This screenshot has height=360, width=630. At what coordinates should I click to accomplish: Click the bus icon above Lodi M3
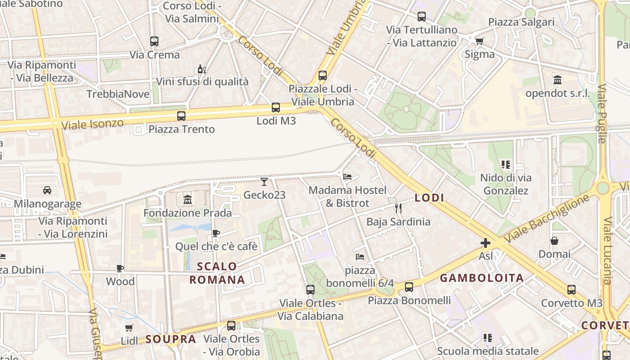276,108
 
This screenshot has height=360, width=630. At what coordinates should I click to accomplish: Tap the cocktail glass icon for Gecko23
264,182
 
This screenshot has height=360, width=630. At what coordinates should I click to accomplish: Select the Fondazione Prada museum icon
187,199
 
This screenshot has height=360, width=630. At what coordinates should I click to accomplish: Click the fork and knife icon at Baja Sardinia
398,208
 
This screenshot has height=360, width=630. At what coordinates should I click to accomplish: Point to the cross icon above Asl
486,243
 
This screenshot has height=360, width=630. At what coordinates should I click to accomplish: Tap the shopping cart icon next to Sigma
479,41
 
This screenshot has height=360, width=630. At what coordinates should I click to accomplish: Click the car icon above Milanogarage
47,190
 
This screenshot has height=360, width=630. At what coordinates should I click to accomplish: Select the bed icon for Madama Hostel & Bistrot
347,177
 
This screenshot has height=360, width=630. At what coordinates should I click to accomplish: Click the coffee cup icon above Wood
120,268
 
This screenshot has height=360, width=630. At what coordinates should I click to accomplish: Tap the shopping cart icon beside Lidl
129,328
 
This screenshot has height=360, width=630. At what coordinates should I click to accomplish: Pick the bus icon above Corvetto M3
571,290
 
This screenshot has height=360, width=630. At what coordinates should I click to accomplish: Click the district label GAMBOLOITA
481,278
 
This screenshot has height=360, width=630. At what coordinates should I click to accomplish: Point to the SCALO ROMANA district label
217,273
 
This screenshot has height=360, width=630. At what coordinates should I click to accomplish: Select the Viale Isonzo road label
92,124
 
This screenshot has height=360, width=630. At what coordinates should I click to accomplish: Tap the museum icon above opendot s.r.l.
558,80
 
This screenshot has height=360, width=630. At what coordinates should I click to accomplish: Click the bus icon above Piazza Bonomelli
409,287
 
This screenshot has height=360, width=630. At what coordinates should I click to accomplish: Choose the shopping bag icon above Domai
554,241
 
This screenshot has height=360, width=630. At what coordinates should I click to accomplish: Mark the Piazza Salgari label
521,22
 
